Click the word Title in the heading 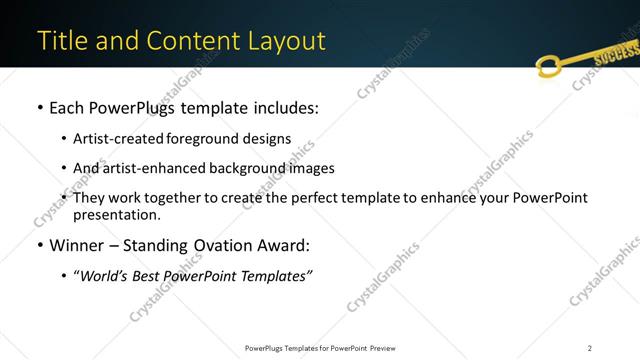tap(61, 41)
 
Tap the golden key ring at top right tap(548, 67)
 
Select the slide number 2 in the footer tap(590, 347)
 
